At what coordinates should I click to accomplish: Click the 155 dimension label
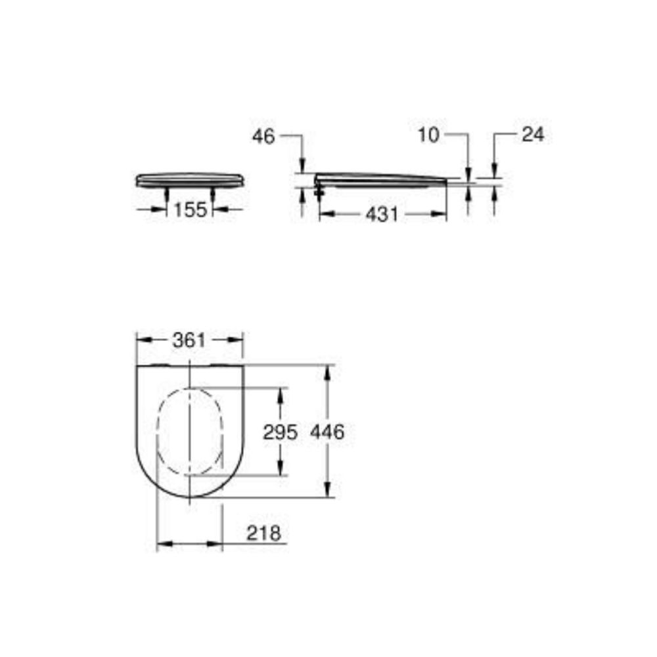[x=191, y=210]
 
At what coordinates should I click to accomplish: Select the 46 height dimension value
[x=263, y=136]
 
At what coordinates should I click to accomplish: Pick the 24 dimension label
[x=533, y=135]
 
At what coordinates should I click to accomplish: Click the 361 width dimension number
[x=189, y=340]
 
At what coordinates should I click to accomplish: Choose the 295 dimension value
[x=281, y=432]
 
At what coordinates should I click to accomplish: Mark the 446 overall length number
[x=327, y=432]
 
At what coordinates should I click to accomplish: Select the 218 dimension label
[x=263, y=533]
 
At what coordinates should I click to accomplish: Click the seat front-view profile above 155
[x=189, y=179]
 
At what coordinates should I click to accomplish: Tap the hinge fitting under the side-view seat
[x=320, y=191]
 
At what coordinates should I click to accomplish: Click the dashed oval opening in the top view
[x=189, y=431]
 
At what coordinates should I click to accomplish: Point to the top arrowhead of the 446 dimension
[x=327, y=372]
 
